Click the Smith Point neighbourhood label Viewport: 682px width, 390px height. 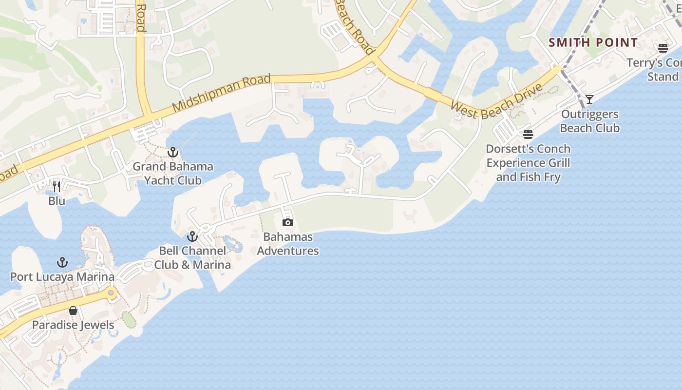click(593, 42)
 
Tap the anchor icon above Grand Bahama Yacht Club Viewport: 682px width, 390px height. click(172, 153)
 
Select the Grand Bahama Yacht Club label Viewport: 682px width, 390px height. click(173, 174)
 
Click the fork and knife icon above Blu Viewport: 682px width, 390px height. click(57, 187)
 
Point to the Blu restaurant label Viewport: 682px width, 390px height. click(57, 201)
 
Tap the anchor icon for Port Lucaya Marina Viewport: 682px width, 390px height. click(62, 263)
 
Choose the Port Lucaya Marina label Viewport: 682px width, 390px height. click(62, 277)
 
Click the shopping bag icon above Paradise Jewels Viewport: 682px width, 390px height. click(73, 311)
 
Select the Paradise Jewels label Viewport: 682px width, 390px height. click(73, 325)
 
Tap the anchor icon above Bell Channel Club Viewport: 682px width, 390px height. click(192, 237)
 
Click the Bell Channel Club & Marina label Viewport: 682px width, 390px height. click(192, 258)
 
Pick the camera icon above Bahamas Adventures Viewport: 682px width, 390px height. click(288, 223)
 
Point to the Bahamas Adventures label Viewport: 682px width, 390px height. click(288, 244)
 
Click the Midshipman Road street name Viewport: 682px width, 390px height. click(222, 93)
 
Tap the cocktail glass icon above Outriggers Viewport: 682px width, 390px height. click(589, 99)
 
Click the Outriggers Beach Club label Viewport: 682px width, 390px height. click(589, 121)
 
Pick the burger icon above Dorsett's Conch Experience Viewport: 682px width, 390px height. click(528, 134)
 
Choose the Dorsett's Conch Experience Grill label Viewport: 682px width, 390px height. click(528, 163)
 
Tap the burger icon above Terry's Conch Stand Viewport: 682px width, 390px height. click(663, 48)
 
